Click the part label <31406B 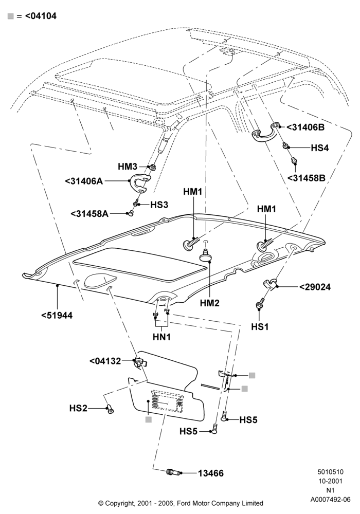pos(305,127)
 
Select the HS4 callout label pos(320,148)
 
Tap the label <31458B pos(307,178)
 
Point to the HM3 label pos(128,167)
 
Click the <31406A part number pos(84,180)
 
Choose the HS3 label pos(159,205)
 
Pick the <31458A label pos(89,214)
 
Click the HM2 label pos(209,303)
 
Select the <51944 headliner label pos(57,316)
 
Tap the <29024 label pos(315,287)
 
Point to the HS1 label pos(260,326)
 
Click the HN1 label pos(161,337)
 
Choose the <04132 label pos(105,361)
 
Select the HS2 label pos(78,409)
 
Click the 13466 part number pos(210,473)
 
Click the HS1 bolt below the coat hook pos(259,304)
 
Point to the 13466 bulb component pos(173,472)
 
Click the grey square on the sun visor pos(149,419)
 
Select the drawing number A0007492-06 pos(331,500)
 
